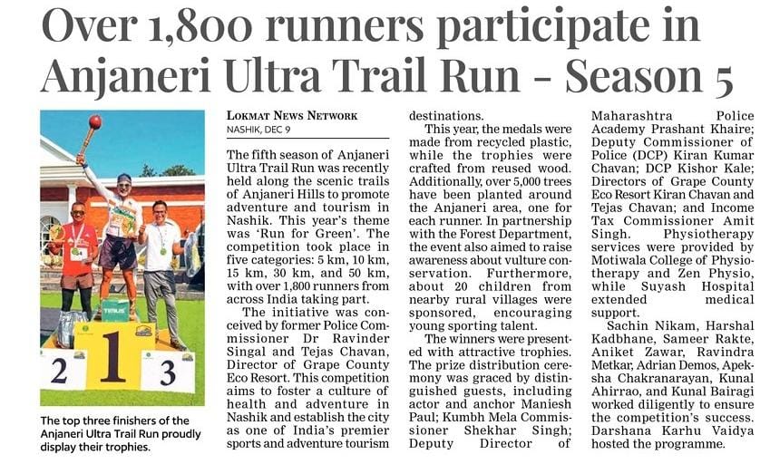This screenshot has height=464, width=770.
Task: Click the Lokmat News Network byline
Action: tap(292, 116)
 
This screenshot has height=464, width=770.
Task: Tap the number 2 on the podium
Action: tap(59, 370)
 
